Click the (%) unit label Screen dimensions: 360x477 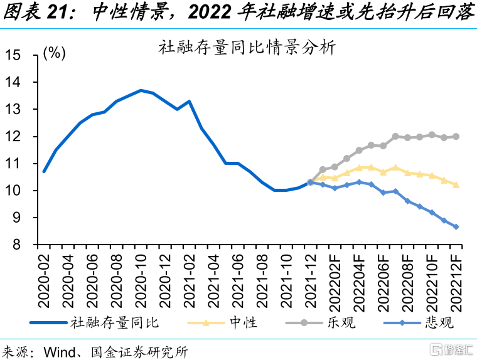point(55,53)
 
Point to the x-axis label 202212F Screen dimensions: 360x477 point(456,283)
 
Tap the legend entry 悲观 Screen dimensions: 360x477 point(439,323)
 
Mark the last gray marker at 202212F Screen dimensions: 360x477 point(456,136)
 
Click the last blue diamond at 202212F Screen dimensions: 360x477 point(456,226)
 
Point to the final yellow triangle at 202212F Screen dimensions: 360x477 point(456,184)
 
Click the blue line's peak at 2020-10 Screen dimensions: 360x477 point(141,90)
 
